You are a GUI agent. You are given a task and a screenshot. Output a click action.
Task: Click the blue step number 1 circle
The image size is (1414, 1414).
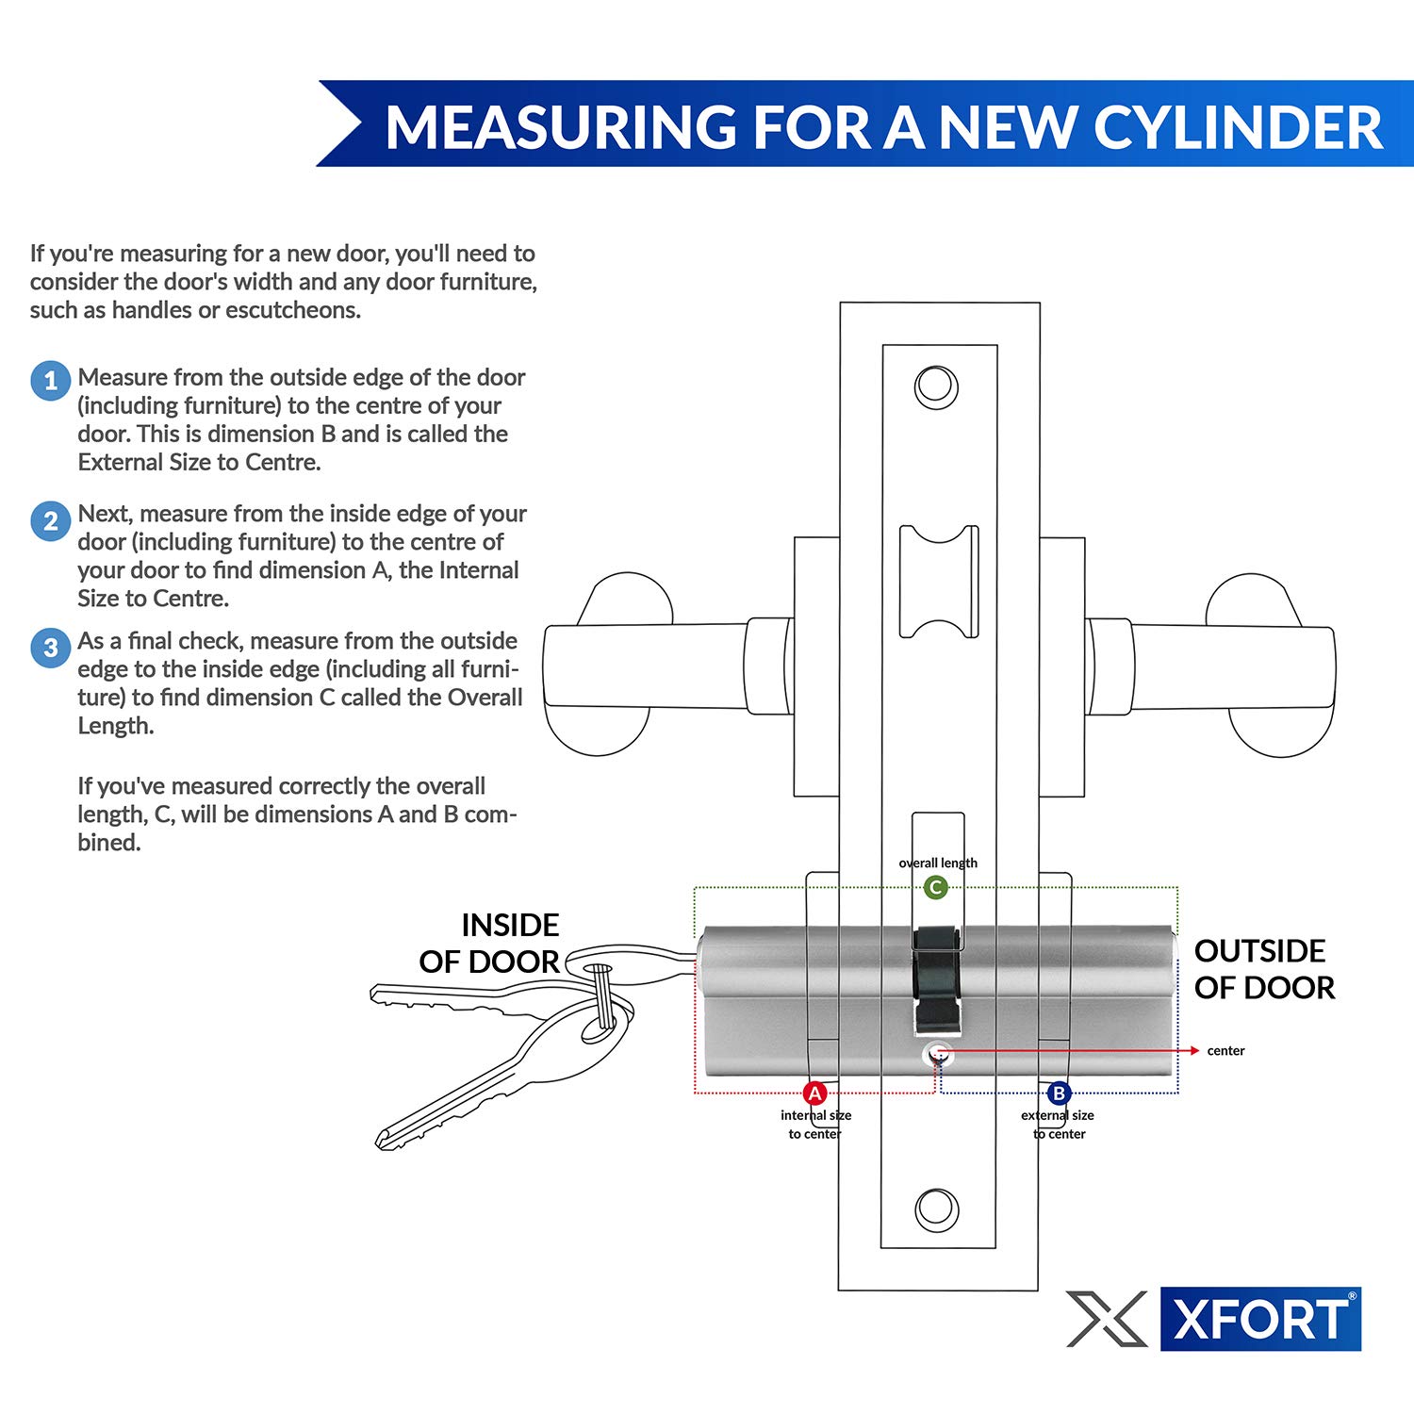click(51, 381)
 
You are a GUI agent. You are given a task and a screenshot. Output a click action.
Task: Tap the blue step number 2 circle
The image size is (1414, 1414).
click(51, 521)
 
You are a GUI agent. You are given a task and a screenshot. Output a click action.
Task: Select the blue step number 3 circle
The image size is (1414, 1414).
click(51, 649)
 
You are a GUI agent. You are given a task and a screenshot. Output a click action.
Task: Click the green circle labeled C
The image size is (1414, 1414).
click(935, 887)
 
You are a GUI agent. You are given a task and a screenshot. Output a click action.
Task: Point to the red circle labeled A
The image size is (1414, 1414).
click(815, 1093)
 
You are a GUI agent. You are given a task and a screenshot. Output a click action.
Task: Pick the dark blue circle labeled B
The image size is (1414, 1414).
click(1059, 1093)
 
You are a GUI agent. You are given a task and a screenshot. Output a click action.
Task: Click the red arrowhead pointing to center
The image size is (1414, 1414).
click(1194, 1050)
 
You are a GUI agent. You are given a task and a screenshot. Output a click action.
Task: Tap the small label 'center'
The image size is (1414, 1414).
click(1225, 1051)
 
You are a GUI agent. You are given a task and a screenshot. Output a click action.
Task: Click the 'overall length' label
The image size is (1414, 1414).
click(938, 863)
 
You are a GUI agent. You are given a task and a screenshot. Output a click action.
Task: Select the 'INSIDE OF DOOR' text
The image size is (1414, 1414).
click(490, 944)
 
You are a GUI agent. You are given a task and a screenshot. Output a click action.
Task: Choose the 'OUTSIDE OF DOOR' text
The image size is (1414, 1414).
click(1264, 969)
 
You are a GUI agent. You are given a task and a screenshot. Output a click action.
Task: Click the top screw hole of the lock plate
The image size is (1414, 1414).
click(936, 387)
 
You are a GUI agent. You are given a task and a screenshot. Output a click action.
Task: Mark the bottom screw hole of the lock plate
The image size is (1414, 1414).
click(937, 1208)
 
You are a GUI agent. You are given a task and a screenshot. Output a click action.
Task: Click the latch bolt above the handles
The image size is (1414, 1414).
click(939, 582)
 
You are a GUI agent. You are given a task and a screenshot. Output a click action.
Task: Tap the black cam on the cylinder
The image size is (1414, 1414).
click(937, 976)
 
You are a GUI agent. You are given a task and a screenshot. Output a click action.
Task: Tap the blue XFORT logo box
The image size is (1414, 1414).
click(1260, 1319)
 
